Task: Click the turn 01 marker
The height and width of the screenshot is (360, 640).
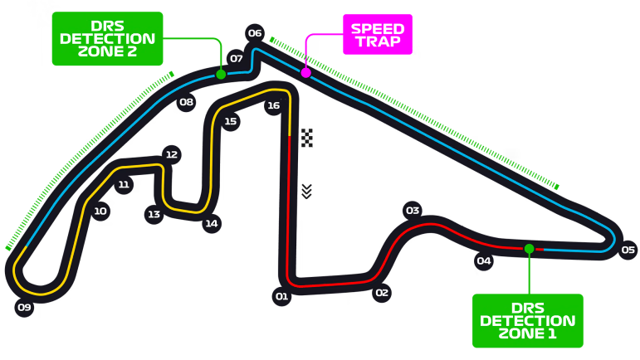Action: (281, 296)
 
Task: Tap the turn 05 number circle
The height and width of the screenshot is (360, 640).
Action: (628, 250)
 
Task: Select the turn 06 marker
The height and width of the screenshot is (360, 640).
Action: (255, 33)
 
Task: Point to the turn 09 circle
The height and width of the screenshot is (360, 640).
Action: (24, 307)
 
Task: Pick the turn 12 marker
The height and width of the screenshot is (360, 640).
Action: (172, 154)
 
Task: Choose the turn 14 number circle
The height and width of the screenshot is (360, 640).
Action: (212, 223)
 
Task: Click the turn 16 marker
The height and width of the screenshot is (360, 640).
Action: (273, 105)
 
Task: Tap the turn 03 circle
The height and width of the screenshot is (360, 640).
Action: (413, 211)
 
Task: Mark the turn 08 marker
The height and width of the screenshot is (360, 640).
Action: (186, 102)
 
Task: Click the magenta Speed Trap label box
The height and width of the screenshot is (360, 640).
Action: (378, 34)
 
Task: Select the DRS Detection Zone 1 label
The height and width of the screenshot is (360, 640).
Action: (528, 321)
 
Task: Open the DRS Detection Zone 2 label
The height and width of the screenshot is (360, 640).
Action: (107, 38)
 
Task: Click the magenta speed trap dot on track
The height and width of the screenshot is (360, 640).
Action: (305, 72)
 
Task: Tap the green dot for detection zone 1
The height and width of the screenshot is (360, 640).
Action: (529, 248)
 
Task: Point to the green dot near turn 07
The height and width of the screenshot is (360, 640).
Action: (221, 74)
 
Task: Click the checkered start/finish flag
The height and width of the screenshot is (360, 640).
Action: (307, 138)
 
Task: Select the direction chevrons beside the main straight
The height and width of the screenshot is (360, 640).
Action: (306, 192)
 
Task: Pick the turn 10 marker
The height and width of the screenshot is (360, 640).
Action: (100, 212)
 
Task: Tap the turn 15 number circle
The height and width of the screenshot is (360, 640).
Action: (230, 121)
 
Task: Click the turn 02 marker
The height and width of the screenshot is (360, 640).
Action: (382, 293)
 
